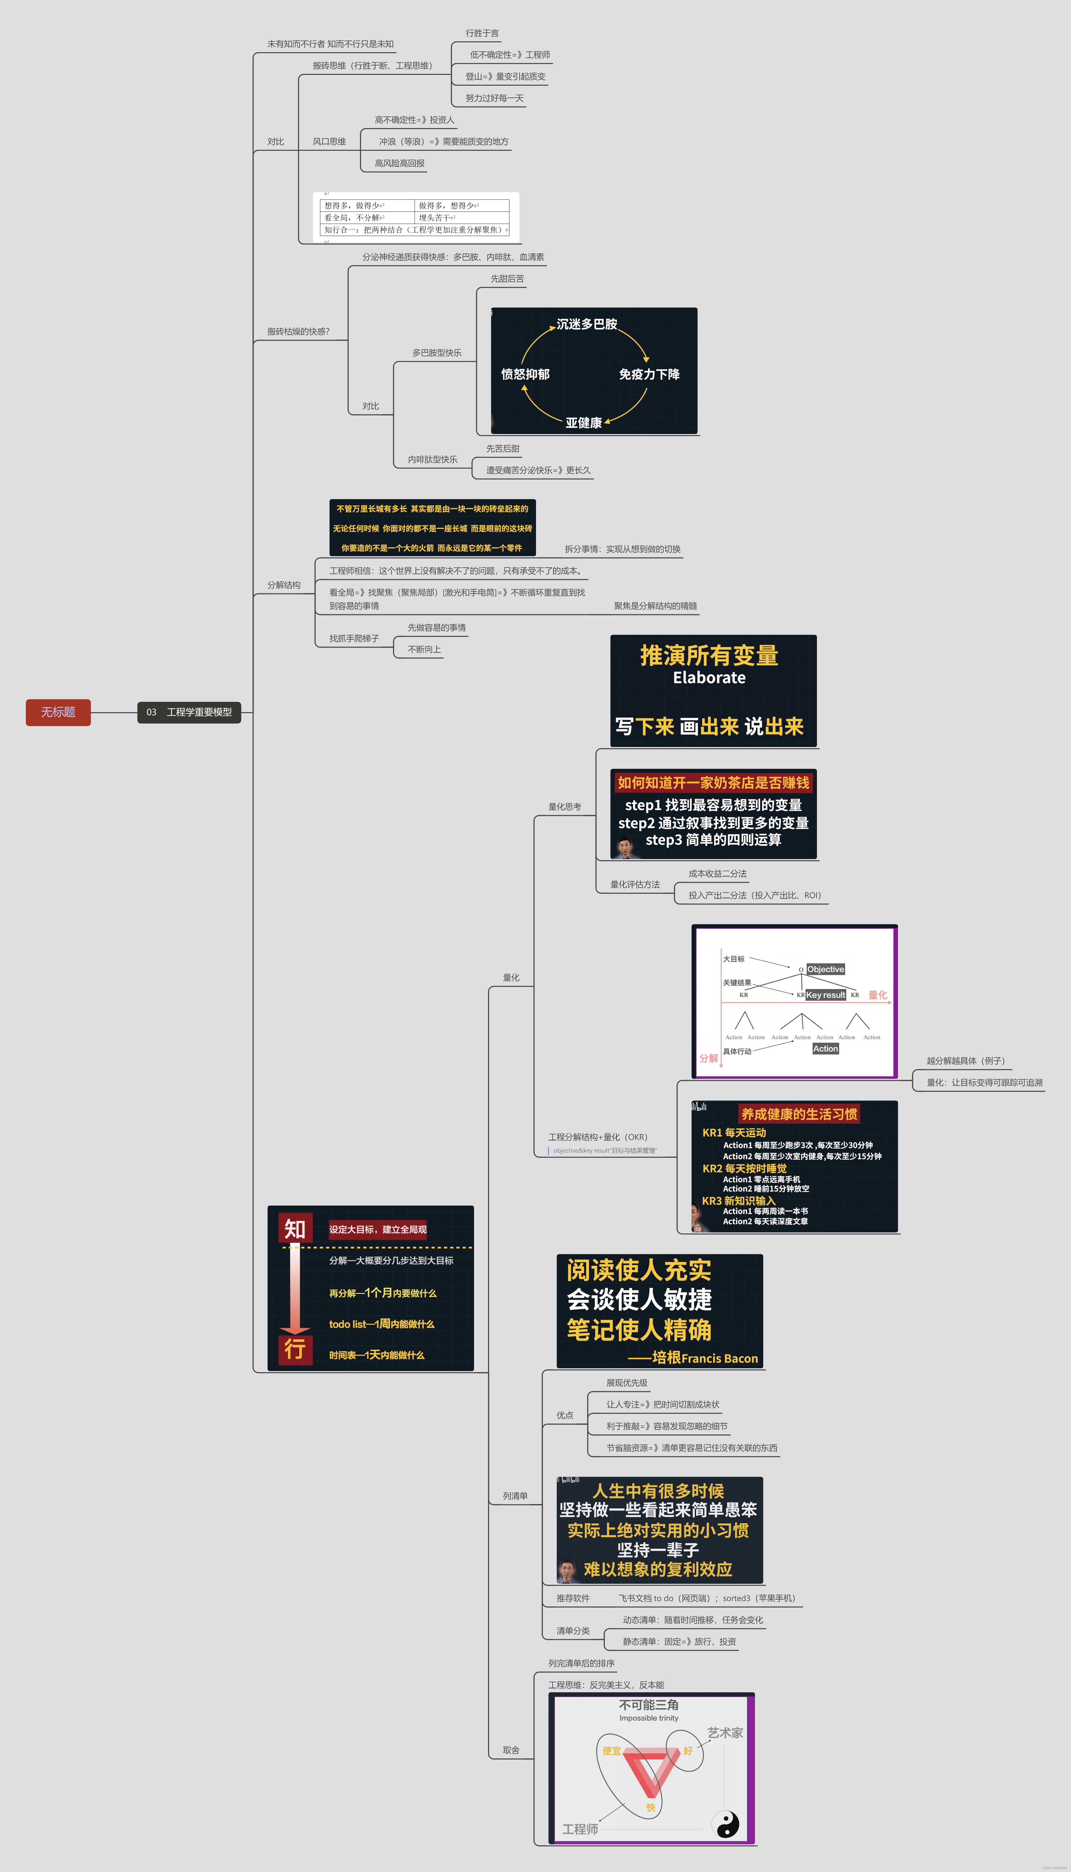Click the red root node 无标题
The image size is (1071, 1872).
click(x=58, y=712)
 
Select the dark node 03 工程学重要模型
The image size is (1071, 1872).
click(x=189, y=712)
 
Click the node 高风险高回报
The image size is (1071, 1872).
click(x=399, y=163)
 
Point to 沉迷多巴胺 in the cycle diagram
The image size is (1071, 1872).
click(x=586, y=324)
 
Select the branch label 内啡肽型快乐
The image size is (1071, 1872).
click(x=432, y=459)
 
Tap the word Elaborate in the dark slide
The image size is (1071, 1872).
click(x=709, y=678)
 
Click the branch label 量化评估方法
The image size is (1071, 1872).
click(x=635, y=884)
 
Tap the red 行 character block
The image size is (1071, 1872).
click(x=295, y=1349)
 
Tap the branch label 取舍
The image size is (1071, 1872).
click(x=511, y=1750)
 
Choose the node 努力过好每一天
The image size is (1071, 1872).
click(x=494, y=98)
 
